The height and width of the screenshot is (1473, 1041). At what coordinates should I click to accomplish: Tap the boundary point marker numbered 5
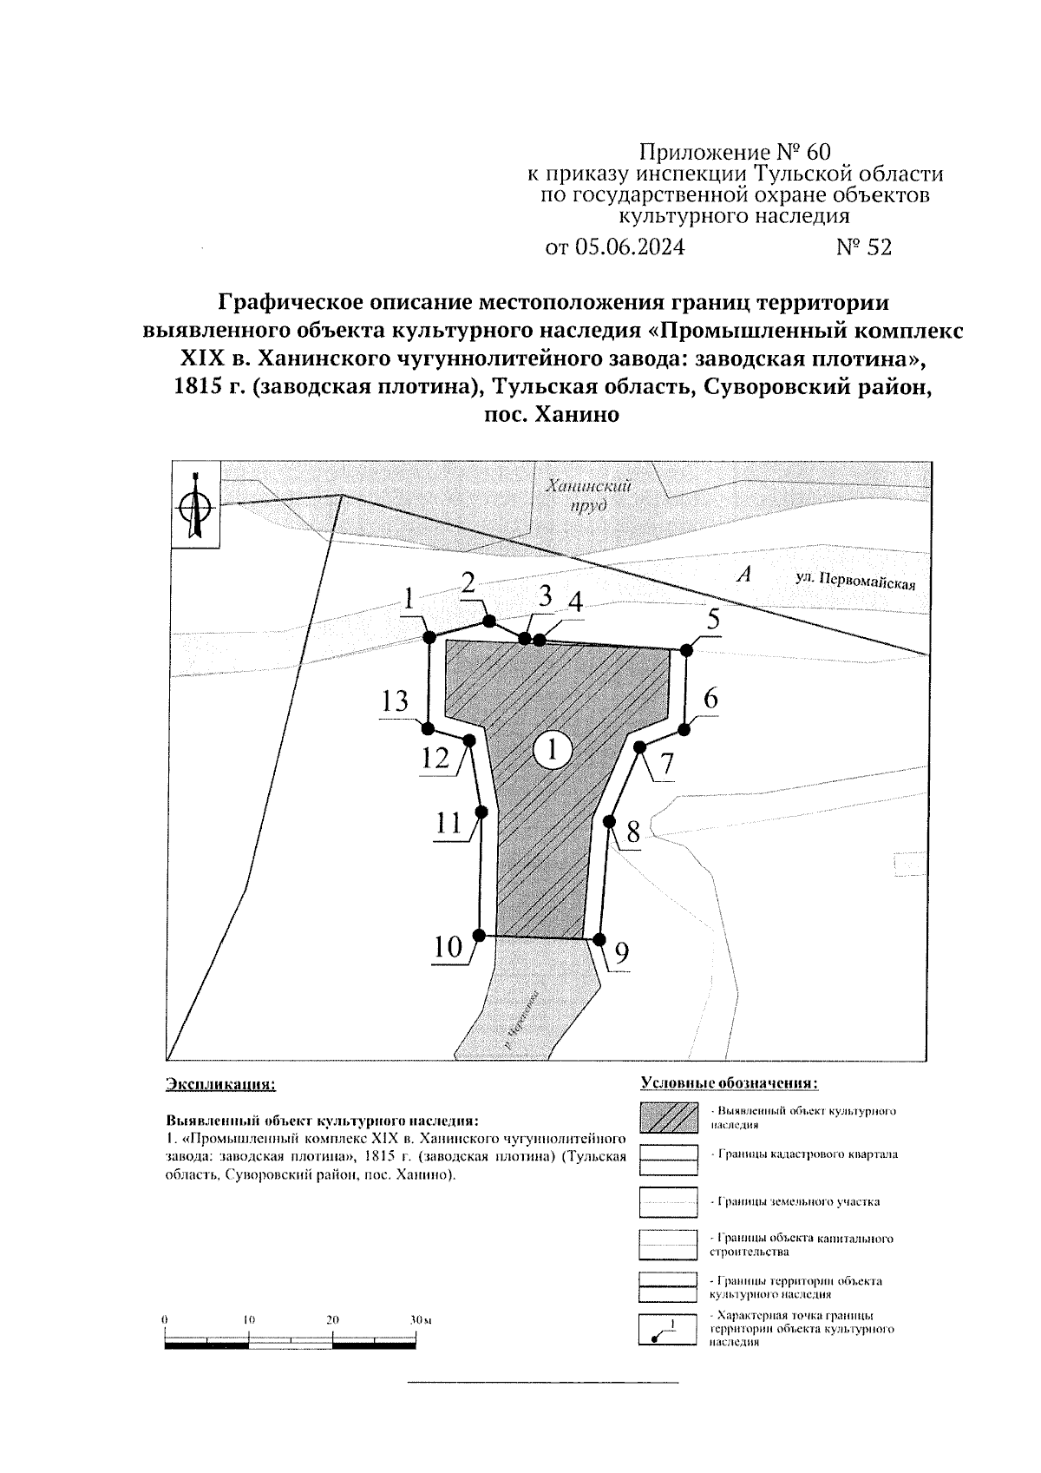[x=686, y=650]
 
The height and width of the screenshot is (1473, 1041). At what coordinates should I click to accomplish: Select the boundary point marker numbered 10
[x=478, y=935]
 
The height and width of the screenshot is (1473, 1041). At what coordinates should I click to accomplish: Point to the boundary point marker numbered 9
[x=599, y=938]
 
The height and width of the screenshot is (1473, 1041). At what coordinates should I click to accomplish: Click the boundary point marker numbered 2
[x=489, y=621]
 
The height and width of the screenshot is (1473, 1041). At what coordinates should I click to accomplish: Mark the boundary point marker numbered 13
[x=429, y=727]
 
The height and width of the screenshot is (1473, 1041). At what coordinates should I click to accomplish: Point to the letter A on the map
[x=741, y=574]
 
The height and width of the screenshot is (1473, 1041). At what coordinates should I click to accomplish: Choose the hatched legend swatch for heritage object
[x=668, y=1117]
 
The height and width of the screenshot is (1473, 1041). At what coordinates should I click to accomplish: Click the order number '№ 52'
[x=863, y=247]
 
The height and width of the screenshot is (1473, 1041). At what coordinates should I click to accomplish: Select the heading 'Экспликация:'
[x=220, y=1084]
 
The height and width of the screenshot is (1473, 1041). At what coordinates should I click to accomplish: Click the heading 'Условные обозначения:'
[x=729, y=1083]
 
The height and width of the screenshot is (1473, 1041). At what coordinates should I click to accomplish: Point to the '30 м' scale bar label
[x=421, y=1319]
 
